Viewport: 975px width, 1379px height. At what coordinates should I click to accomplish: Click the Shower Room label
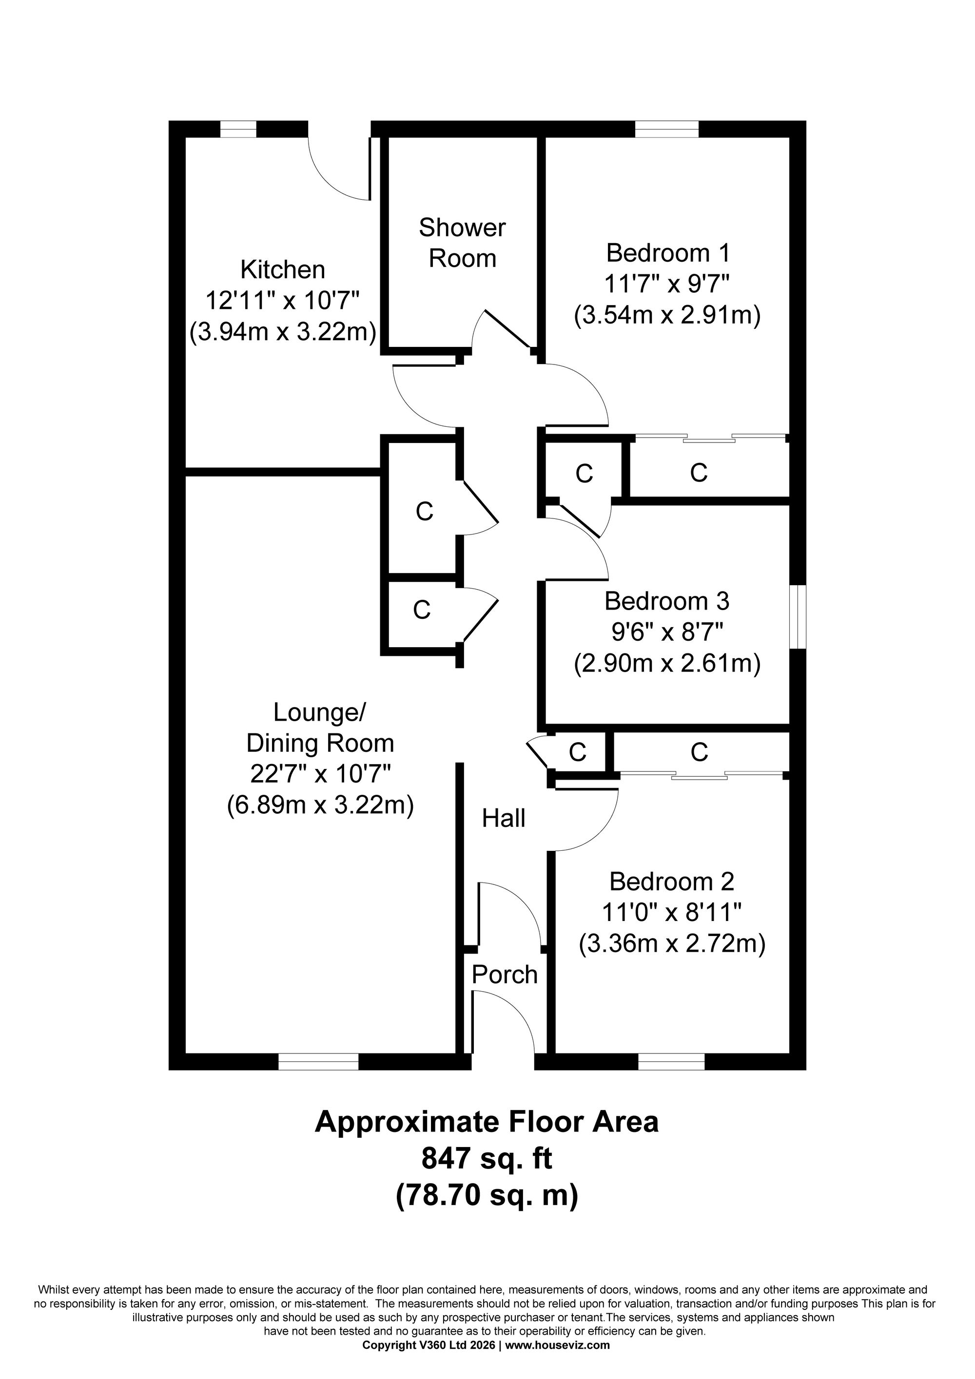(462, 243)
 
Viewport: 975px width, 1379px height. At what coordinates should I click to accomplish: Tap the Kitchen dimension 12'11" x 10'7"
(282, 300)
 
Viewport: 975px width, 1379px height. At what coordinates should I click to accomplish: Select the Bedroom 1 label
(667, 253)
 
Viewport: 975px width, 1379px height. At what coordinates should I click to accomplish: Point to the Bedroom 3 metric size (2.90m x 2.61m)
(667, 664)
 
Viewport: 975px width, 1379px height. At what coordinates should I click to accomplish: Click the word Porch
(504, 975)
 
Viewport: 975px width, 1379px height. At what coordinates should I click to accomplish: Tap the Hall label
(504, 818)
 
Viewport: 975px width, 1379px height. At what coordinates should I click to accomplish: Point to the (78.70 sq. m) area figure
(487, 1194)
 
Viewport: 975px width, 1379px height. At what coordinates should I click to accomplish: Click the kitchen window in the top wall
(238, 129)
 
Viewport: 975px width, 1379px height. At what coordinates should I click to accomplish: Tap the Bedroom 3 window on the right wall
(798, 616)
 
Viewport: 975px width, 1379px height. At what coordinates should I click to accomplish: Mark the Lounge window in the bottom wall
(318, 1062)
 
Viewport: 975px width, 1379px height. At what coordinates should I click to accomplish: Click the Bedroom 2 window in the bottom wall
(670, 1062)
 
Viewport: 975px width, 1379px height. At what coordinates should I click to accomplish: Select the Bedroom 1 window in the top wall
(667, 129)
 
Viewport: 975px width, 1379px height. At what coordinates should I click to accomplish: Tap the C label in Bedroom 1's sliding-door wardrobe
(699, 473)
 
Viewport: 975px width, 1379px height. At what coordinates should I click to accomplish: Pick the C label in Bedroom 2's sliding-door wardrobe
(699, 752)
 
